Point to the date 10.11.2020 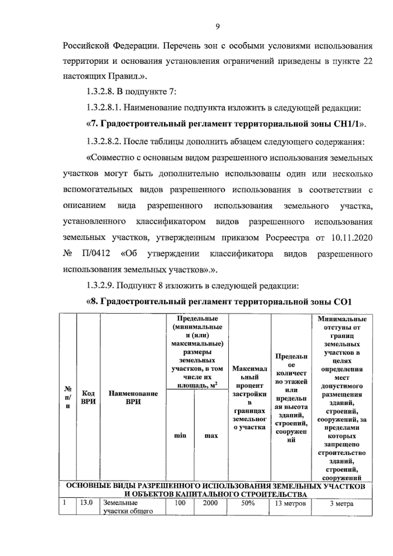coord(352,238)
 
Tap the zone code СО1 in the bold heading coord(342,301)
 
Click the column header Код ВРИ coord(88,397)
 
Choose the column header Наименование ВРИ coord(133,397)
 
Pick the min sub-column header coord(180,435)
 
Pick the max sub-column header coord(211,435)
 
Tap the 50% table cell coord(248,503)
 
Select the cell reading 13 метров coord(290,504)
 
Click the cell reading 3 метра coord(342,504)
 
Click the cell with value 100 coord(180,503)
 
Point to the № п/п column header coord(68,397)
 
